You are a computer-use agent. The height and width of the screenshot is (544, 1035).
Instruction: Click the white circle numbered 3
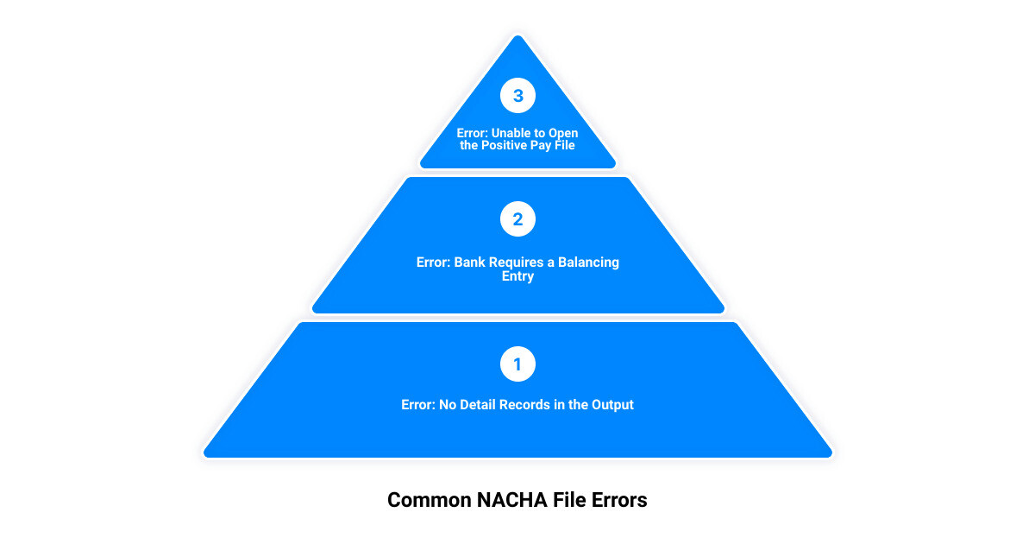pos(517,96)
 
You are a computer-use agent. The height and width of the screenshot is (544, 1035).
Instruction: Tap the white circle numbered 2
pos(517,219)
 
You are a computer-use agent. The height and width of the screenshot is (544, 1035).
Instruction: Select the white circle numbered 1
pos(517,364)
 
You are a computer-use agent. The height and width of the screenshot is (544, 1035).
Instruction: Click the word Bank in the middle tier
pos(470,262)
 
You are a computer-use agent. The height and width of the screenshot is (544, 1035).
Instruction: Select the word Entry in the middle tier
pos(517,276)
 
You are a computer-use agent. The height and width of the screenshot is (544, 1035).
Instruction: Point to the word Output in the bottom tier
pos(612,404)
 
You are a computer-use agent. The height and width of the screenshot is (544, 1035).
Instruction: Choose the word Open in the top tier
pos(563,133)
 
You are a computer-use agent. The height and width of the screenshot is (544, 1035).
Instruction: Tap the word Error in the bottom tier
pos(418,404)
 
